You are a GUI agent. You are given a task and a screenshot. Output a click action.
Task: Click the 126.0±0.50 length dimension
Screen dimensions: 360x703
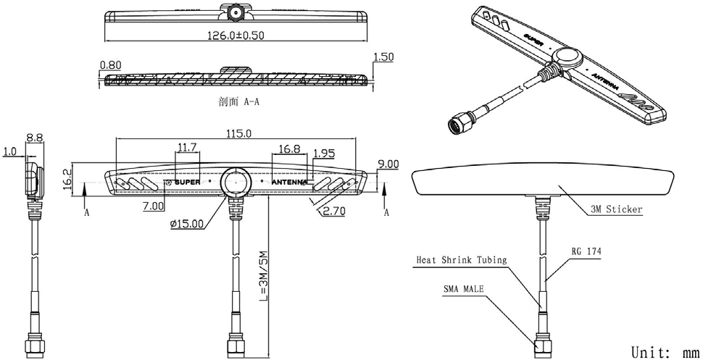tap(236, 35)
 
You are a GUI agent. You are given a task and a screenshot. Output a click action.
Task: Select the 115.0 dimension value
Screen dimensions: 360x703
tap(239, 133)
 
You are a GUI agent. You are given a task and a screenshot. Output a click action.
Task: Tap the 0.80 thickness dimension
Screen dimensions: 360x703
tap(109, 64)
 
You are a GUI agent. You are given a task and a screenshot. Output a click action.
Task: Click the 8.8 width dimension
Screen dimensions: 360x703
tap(34, 136)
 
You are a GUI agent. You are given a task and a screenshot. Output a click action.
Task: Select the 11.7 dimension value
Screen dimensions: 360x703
tap(188, 148)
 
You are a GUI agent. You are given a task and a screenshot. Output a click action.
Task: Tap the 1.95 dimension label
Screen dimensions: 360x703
tap(323, 154)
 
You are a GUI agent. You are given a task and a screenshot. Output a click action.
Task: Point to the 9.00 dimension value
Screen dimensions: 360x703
tap(388, 164)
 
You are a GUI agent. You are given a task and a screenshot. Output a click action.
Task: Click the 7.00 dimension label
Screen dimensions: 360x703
tap(153, 207)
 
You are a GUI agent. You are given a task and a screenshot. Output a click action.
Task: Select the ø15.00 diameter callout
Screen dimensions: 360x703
tap(187, 225)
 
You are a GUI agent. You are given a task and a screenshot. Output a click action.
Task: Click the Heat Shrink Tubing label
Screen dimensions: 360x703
tap(462, 259)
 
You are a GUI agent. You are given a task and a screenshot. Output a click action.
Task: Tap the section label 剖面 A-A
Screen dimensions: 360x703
tap(238, 102)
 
